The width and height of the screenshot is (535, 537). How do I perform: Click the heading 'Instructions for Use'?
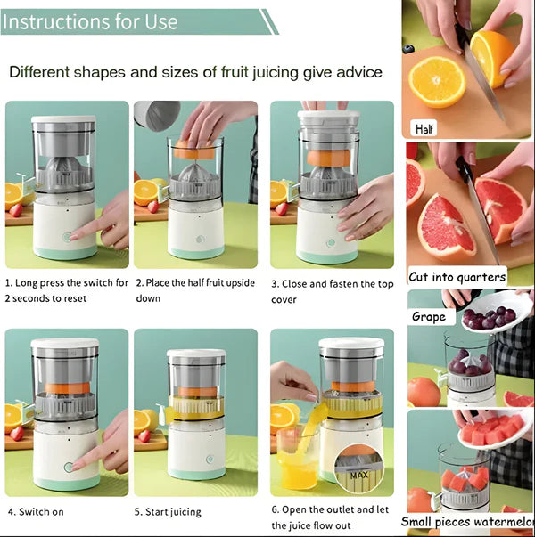pos(92,21)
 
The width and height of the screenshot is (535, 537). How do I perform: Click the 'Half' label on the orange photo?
pos(424,128)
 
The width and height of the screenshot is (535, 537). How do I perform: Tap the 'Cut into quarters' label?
pos(457,276)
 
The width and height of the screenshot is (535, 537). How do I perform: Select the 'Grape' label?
pos(428,316)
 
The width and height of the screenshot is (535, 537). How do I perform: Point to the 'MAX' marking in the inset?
pos(359,475)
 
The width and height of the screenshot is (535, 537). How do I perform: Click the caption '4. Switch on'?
pos(35,512)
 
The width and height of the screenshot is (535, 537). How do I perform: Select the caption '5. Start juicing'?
pos(168,512)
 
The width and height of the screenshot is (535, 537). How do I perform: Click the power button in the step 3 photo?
pos(331,242)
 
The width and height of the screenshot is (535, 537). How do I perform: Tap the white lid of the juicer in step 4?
pos(64,343)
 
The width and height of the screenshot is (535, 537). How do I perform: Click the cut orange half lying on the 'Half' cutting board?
pos(436,82)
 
